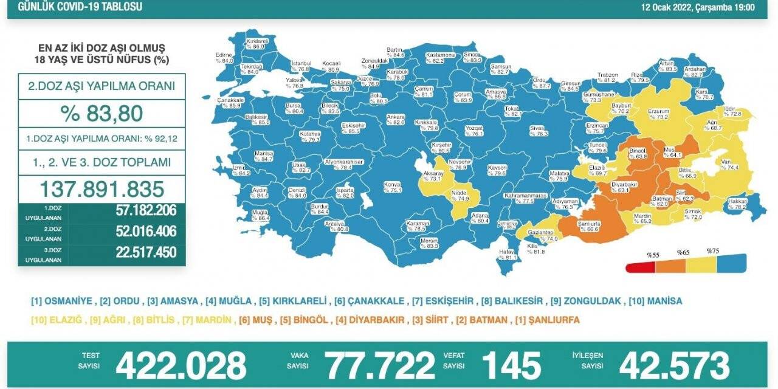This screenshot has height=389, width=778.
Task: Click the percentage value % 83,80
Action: [x=102, y=114]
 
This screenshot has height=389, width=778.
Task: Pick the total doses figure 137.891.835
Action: [x=102, y=188]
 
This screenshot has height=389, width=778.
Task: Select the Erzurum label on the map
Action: [x=658, y=114]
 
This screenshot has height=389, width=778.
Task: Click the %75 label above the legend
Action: [x=712, y=250]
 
